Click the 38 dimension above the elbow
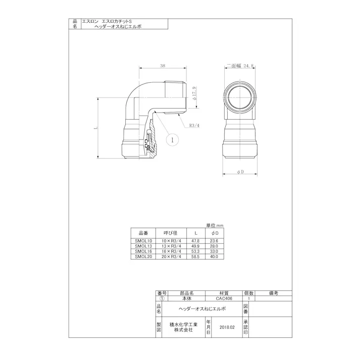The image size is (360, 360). coord(163,66)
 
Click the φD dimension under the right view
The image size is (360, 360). coord(240,173)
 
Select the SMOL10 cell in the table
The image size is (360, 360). coord(143,242)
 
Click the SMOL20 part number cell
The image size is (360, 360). coord(143,257)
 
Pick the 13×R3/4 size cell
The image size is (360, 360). coord(170,247)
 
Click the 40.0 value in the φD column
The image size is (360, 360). coord(216,257)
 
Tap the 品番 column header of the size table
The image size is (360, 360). coord(143,233)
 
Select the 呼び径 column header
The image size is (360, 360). coord(170,233)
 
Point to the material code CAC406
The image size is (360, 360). coord(223,298)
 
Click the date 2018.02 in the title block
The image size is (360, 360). coord(227,327)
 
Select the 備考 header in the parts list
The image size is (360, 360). coord(274,293)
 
